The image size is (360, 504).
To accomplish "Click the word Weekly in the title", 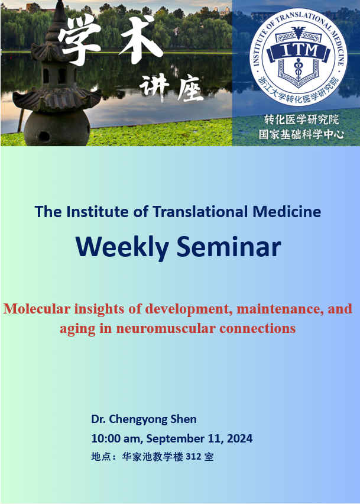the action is pyautogui.click(x=122, y=247).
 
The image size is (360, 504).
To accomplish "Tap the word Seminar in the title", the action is pyautogui.click(x=229, y=247).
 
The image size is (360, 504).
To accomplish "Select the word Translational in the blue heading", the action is pyautogui.click(x=200, y=212).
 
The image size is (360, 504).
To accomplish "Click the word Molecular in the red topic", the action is pyautogui.click(x=37, y=309).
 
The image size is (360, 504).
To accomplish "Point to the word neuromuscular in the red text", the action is pyautogui.click(x=166, y=328).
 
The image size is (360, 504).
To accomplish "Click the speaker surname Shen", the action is pyautogui.click(x=183, y=419).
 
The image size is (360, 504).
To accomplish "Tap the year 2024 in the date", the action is pyautogui.click(x=239, y=438).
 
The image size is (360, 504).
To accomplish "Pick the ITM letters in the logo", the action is pyautogui.click(x=299, y=50).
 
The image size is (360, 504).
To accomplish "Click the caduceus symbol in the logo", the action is pyautogui.click(x=298, y=69).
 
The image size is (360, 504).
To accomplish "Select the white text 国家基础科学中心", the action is pyautogui.click(x=301, y=134).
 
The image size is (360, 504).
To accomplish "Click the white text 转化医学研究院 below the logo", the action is pyautogui.click(x=301, y=119).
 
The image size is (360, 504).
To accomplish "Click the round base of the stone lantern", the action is pyautogui.click(x=57, y=128).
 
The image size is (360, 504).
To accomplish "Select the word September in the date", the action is pyautogui.click(x=185, y=439).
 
